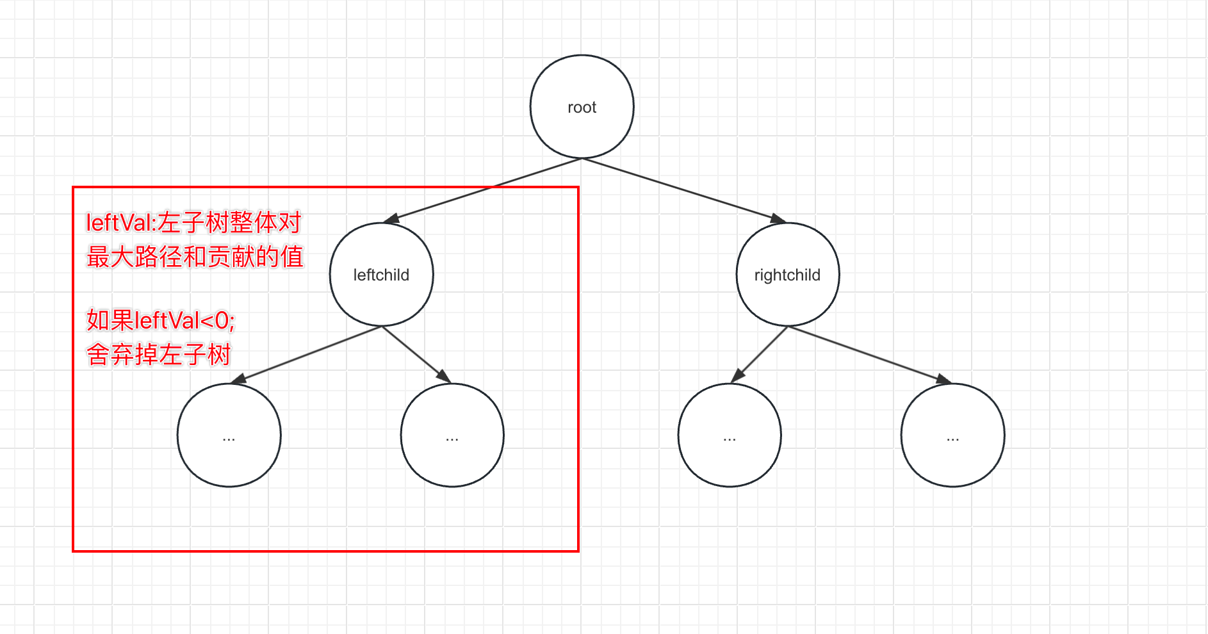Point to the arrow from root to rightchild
pyautogui.click(x=682, y=190)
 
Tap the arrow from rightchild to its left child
pyautogui.click(x=760, y=354)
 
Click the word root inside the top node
pyautogui.click(x=582, y=108)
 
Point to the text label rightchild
pyautogui.click(x=787, y=275)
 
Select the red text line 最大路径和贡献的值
pyautogui.click(x=195, y=257)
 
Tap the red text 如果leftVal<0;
pyautogui.click(x=161, y=320)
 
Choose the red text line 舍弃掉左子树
pyautogui.click(x=159, y=354)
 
